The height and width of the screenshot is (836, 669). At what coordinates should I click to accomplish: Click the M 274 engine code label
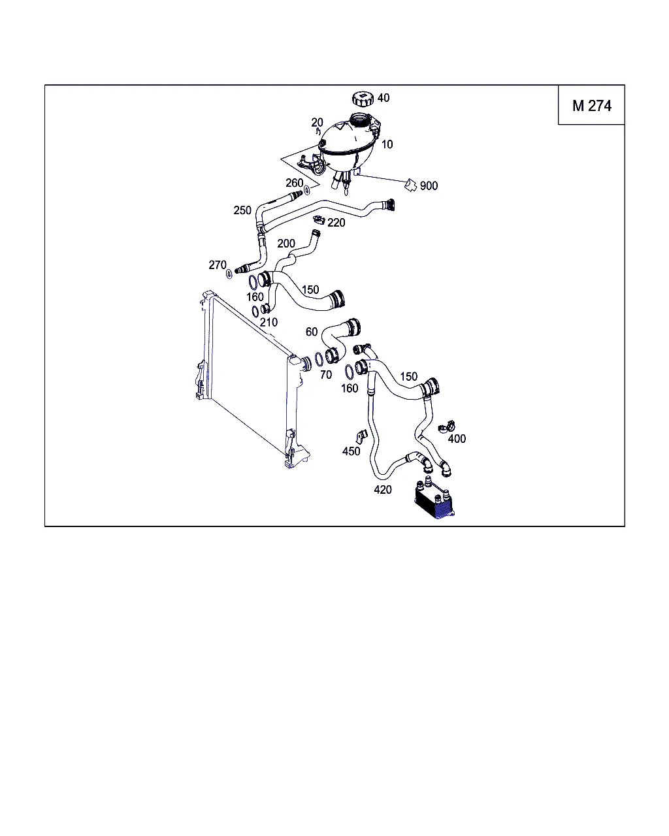coord(591,106)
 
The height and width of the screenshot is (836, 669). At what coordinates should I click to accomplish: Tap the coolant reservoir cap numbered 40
coord(363,99)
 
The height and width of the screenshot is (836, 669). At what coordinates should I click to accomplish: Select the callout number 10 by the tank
coord(387,144)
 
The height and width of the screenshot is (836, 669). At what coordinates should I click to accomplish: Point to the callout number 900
coord(429,185)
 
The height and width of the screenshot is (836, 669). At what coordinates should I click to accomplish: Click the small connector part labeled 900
coord(410,185)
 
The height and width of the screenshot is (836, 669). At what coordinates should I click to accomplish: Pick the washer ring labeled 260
coord(306,190)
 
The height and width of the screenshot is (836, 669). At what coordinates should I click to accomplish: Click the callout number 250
coord(242,210)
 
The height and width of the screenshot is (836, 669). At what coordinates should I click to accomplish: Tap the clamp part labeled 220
coord(319,220)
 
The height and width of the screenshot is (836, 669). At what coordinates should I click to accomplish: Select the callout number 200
coord(286,244)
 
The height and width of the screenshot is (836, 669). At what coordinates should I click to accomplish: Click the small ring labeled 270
coord(229,274)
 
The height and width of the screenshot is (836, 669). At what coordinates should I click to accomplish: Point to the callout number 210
coord(269,322)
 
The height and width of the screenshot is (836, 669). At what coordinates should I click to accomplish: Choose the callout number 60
coord(312,332)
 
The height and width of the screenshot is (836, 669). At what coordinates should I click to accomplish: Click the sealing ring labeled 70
coord(319,359)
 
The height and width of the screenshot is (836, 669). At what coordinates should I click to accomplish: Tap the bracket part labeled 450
coord(361,437)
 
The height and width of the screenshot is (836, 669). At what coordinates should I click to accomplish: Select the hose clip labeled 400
coord(447,427)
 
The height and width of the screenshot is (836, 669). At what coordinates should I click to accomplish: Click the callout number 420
coord(383,490)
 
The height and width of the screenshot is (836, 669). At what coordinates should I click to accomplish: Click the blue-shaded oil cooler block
coord(434,501)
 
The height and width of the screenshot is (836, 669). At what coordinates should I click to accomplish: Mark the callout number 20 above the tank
coord(318,122)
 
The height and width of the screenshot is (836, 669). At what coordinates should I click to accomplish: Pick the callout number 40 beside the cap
coord(383,98)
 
